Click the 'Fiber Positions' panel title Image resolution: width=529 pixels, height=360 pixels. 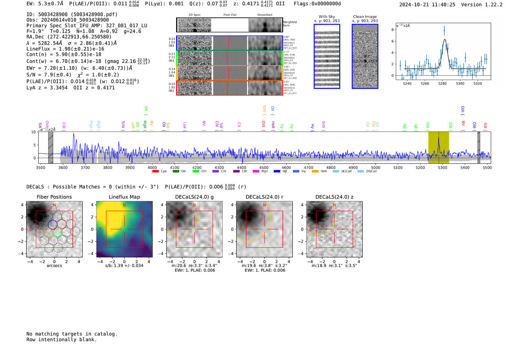pyautogui.click(x=54, y=197)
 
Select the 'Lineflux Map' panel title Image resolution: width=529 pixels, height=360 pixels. pyautogui.click(x=124, y=197)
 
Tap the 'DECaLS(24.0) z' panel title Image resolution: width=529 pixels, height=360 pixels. pyautogui.click(x=334, y=197)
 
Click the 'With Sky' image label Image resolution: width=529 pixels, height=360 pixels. pyautogui.click(x=326, y=17)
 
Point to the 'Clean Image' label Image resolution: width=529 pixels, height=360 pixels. pyautogui.click(x=365, y=17)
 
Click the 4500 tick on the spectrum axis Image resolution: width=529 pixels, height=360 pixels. pyautogui.click(x=264, y=167)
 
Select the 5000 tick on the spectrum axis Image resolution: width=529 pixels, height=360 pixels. pyautogui.click(x=375, y=167)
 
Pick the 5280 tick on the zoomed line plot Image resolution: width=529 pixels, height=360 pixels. pyautogui.click(x=442, y=83)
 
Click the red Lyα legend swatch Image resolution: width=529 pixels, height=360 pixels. pyautogui.click(x=155, y=172)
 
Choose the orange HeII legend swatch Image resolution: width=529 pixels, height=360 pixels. pyautogui.click(x=315, y=172)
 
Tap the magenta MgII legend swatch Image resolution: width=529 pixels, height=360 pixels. pyautogui.click(x=256, y=172)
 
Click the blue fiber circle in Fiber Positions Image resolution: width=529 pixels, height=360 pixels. pyautogui.click(x=53, y=224)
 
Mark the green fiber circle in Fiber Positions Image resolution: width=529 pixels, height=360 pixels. pyautogui.click(x=57, y=232)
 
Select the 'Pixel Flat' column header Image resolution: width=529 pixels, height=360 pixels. pyautogui.click(x=230, y=15)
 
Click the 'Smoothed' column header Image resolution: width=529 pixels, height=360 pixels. pyautogui.click(x=264, y=15)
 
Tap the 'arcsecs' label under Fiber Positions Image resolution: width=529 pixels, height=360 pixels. pyautogui.click(x=54, y=266)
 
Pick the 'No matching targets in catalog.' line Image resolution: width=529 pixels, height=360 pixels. pyautogui.click(x=72, y=334)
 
